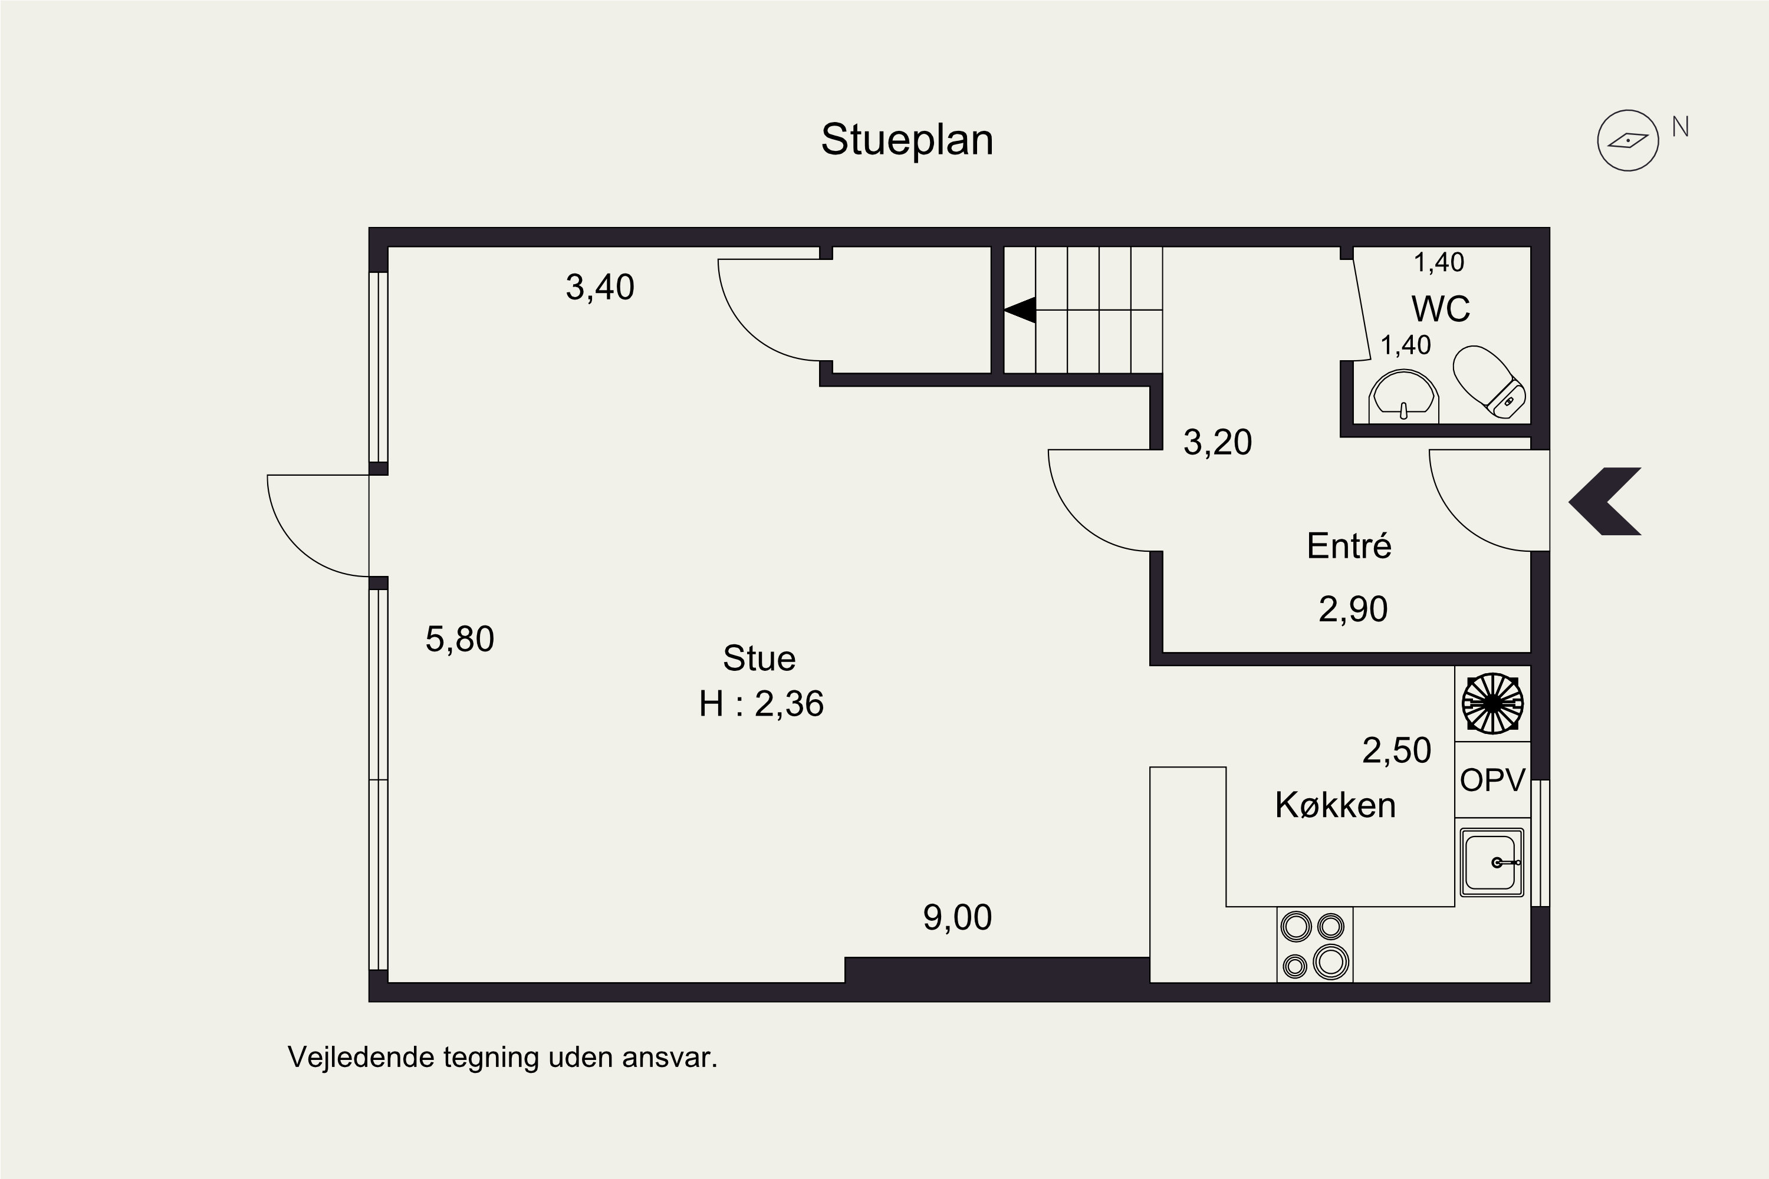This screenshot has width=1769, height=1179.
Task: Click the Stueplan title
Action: click(907, 140)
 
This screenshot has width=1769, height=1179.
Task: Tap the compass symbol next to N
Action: click(1628, 141)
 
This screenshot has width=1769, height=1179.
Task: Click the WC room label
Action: click(1441, 308)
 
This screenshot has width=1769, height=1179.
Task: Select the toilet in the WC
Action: click(1489, 381)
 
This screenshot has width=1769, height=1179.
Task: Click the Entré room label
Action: click(1349, 546)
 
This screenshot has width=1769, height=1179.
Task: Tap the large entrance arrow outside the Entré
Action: click(1605, 502)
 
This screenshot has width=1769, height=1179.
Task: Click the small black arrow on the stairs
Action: click(1020, 310)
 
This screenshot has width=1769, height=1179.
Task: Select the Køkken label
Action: click(1336, 805)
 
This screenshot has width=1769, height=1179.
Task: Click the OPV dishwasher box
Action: click(1492, 780)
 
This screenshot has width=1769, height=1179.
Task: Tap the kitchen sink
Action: click(1492, 862)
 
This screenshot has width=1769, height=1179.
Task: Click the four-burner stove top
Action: click(1315, 944)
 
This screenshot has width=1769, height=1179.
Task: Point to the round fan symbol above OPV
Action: click(1492, 704)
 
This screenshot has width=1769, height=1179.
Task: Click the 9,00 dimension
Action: click(958, 918)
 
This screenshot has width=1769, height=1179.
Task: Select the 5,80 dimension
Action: click(459, 640)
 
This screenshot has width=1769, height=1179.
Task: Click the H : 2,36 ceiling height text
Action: click(761, 704)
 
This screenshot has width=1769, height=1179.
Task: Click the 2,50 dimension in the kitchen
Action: click(1397, 751)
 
